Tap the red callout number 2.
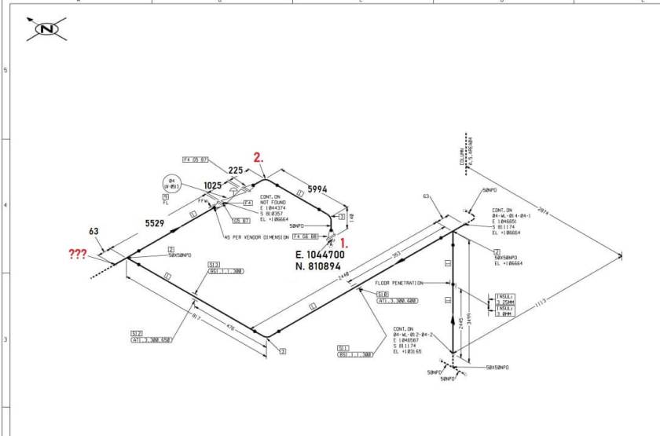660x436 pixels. [258, 157]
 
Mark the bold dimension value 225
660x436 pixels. [235, 170]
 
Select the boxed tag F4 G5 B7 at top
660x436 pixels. [196, 159]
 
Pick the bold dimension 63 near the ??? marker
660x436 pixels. [93, 232]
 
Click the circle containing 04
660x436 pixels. [172, 184]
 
